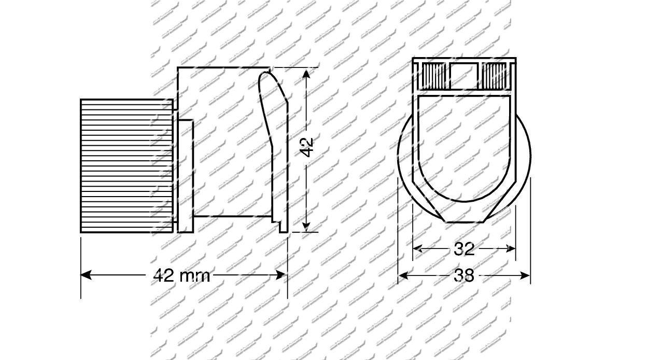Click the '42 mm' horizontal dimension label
click(x=181, y=276)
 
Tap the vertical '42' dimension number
click(x=306, y=147)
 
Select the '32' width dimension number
click(x=464, y=249)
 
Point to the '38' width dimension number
click(x=464, y=275)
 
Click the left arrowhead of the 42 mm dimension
click(x=86, y=275)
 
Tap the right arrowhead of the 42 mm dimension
click(x=280, y=275)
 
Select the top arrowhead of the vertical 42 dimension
click(x=306, y=73)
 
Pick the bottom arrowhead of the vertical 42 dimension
click(x=306, y=227)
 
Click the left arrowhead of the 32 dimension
click(x=417, y=248)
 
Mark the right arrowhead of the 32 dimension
click(x=511, y=248)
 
